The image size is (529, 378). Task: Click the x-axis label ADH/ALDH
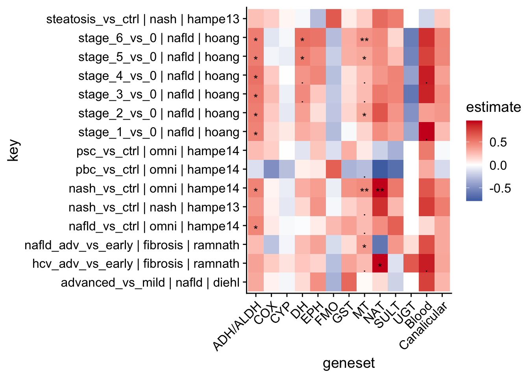pyautogui.click(x=237, y=326)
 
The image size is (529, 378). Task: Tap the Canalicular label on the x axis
pyautogui.click(x=424, y=326)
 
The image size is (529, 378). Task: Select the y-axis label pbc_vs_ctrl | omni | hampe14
pyautogui.click(x=157, y=170)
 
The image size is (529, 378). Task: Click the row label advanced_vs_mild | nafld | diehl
pyautogui.click(x=150, y=283)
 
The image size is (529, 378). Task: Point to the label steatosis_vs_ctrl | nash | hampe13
pyautogui.click(x=143, y=19)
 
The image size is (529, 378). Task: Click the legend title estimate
pyautogui.click(x=493, y=107)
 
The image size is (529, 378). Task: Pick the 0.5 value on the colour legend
pyautogui.click(x=498, y=142)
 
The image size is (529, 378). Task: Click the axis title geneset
pyautogui.click(x=349, y=363)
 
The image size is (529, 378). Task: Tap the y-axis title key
pyautogui.click(x=14, y=151)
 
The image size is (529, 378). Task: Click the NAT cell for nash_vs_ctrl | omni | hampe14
pyautogui.click(x=380, y=189)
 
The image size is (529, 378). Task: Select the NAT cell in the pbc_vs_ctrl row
pyautogui.click(x=380, y=170)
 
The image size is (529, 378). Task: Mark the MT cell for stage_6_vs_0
pyautogui.click(x=364, y=38)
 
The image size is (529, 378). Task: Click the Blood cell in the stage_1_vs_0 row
pyautogui.click(x=426, y=132)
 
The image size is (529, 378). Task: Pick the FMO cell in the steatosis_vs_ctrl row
pyautogui.click(x=333, y=19)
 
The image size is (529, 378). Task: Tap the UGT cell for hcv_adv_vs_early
pyautogui.click(x=411, y=264)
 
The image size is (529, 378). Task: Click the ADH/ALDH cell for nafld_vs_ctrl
pyautogui.click(x=255, y=226)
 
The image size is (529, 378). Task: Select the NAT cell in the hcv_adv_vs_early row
pyautogui.click(x=380, y=264)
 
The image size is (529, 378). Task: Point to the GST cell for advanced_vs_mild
pyautogui.click(x=349, y=283)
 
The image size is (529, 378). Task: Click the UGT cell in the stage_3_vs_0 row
pyautogui.click(x=411, y=94)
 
